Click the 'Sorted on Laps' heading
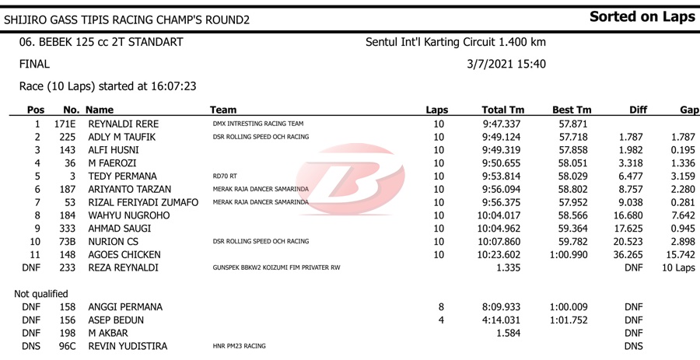click(642, 17)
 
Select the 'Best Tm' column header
click(572, 110)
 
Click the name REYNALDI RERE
click(124, 124)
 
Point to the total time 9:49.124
click(502, 137)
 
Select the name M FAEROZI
click(114, 163)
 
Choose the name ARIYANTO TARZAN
click(129, 190)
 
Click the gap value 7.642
click(682, 215)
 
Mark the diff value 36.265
click(628, 255)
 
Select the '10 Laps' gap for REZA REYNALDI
click(678, 268)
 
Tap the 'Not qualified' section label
click(41, 294)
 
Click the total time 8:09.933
click(502, 307)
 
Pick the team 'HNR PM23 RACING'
click(240, 346)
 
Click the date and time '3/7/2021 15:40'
click(506, 65)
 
